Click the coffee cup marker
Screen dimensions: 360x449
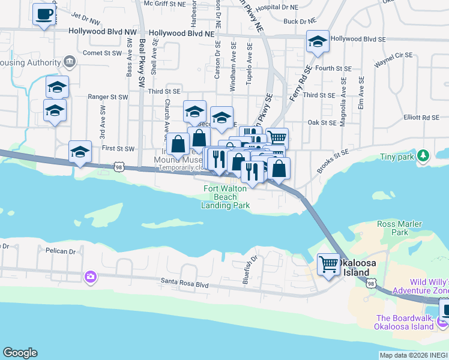[x=44, y=14]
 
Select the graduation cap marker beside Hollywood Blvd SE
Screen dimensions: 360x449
[x=318, y=41]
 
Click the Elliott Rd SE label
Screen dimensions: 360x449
[x=422, y=118]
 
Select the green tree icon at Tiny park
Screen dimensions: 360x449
[x=424, y=157]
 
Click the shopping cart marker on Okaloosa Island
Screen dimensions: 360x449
[x=328, y=264]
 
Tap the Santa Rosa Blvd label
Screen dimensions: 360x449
[x=184, y=280]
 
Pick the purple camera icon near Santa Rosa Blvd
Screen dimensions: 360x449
[x=90, y=277]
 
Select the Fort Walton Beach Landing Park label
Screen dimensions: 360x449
[x=226, y=197]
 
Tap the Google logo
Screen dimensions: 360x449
[x=20, y=353]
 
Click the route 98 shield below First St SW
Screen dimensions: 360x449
[x=119, y=167]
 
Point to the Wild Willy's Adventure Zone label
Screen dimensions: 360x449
[x=429, y=286]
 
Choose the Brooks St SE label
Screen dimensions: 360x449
[x=332, y=161]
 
